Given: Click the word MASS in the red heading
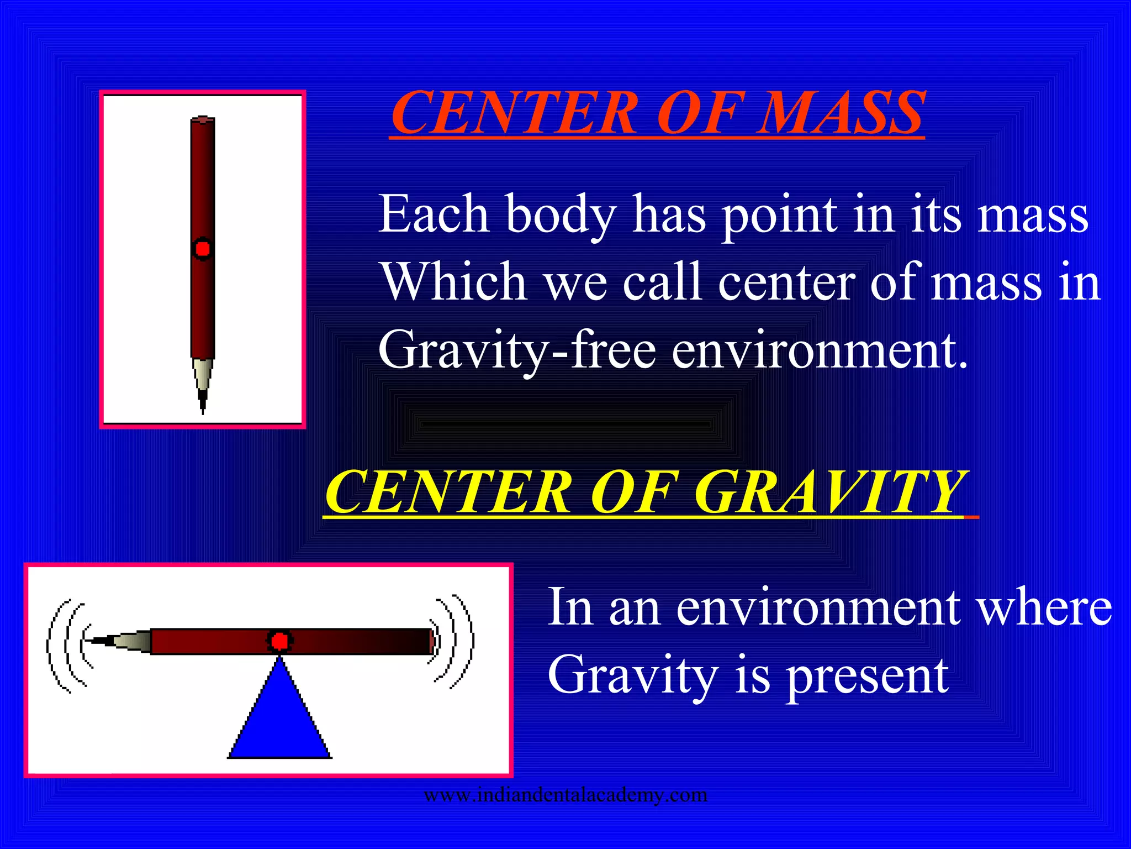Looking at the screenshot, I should click(839, 113).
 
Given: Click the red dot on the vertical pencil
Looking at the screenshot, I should click(203, 249).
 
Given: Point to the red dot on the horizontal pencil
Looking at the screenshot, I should click(279, 641).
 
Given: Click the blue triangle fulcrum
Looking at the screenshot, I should click(279, 719).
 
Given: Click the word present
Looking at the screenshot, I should click(867, 675).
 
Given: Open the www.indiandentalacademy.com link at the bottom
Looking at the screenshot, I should click(565, 795).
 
